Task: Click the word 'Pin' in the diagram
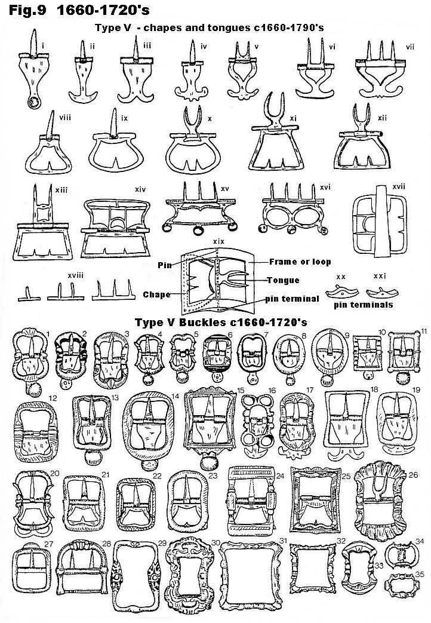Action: click(164, 265)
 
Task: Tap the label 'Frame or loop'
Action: click(300, 262)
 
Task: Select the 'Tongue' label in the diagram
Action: click(283, 280)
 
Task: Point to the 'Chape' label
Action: click(156, 294)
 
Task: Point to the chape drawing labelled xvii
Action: click(380, 220)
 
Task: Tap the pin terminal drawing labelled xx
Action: click(341, 291)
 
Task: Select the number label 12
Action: click(53, 398)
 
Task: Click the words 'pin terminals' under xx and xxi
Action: click(363, 305)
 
